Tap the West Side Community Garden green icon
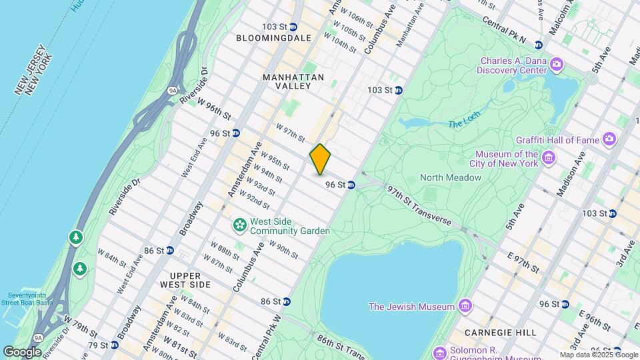pos(239,226)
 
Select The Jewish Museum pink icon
pos(465,307)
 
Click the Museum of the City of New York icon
pos(548,158)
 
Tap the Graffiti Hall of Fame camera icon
pos(609,140)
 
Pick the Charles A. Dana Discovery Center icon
pos(557,64)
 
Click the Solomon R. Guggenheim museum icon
pos(439,352)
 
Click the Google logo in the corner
pos(22,351)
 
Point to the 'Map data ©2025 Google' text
pos(598,355)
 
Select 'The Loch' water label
pos(464,123)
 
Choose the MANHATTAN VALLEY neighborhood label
pos(293,81)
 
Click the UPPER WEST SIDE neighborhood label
pos(180,280)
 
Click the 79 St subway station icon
pos(115,345)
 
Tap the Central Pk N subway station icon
pos(538,44)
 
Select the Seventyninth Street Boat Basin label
pos(30,299)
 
